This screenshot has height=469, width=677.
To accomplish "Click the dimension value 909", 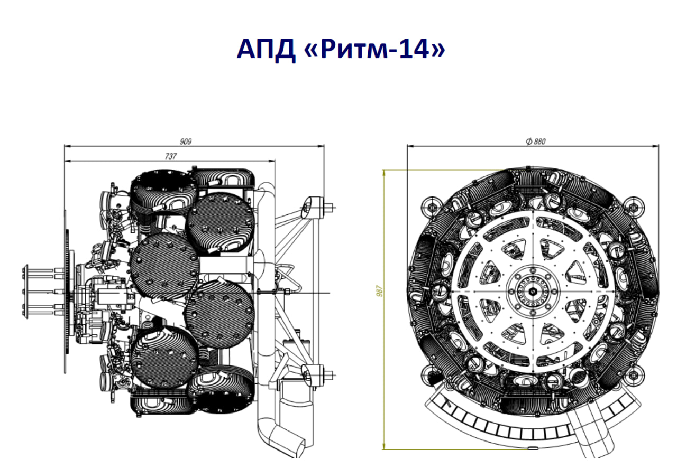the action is (x=186, y=142).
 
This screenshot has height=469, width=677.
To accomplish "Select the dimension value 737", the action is (x=171, y=156).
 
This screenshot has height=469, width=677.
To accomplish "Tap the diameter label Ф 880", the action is (x=536, y=142).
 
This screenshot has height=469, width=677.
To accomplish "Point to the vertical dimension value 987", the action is (x=380, y=291).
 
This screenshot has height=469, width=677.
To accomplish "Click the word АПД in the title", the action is (x=266, y=49).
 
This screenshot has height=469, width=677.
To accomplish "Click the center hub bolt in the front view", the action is (x=533, y=292).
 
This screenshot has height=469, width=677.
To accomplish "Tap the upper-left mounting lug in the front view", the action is (x=432, y=207).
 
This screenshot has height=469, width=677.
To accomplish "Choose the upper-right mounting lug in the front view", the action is (x=634, y=207).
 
